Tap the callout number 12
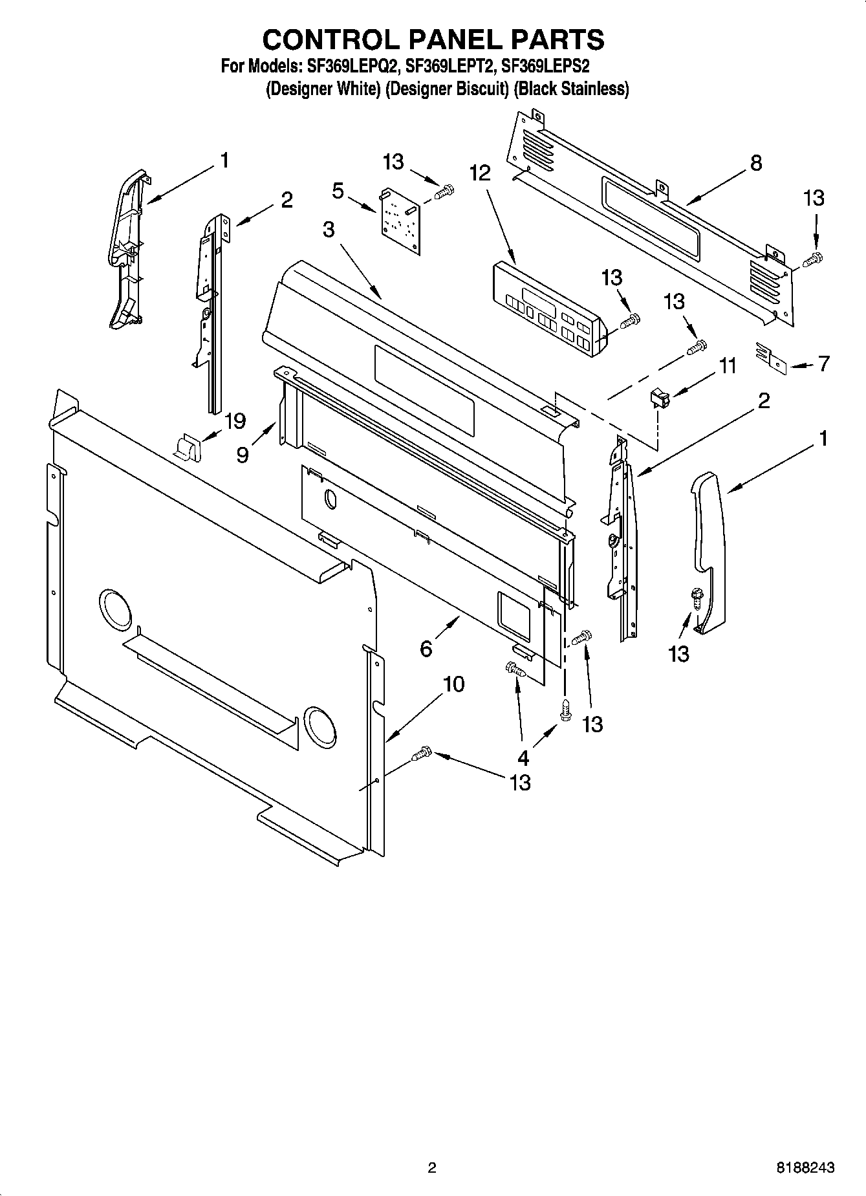point(480,173)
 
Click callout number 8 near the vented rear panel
point(755,163)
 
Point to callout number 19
point(235,421)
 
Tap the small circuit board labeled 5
point(400,221)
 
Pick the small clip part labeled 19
point(188,447)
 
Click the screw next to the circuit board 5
point(446,191)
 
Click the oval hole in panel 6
point(330,498)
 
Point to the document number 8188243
point(805,1168)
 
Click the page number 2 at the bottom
point(432,1168)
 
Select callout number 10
point(454,684)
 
